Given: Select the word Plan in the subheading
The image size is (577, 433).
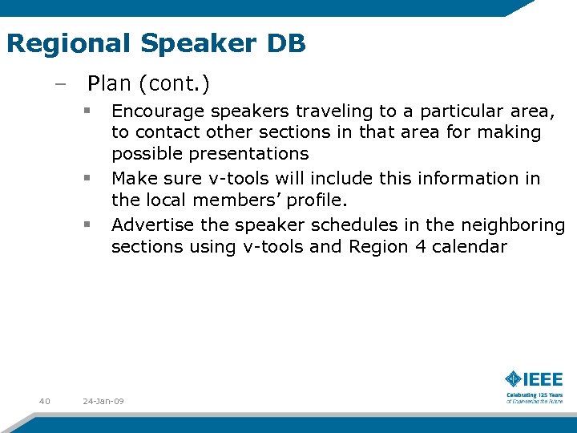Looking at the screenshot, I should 106,82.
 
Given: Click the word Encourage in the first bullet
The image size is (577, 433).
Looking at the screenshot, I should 155,111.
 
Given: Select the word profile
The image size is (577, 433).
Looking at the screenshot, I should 313,200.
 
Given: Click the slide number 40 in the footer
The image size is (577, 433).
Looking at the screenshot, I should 44,401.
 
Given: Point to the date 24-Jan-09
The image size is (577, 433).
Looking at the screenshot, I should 103,401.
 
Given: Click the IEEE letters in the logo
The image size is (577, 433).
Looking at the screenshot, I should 544,379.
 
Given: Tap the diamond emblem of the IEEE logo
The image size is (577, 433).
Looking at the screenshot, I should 514,379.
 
